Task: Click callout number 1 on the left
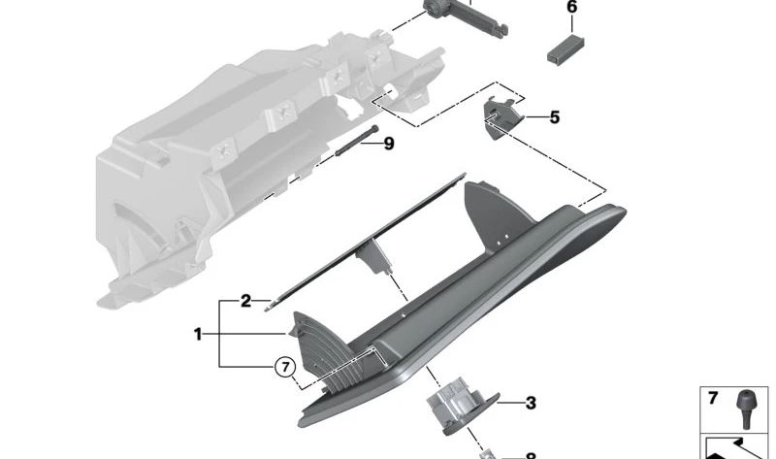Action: pos(199,335)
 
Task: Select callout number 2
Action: pos(246,302)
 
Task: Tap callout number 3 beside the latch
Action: pos(531,403)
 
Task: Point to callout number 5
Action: pos(554,118)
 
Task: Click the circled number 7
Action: pos(283,367)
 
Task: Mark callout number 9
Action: pos(388,144)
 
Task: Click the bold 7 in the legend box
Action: pos(712,399)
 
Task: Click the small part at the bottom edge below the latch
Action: pos(491,453)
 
